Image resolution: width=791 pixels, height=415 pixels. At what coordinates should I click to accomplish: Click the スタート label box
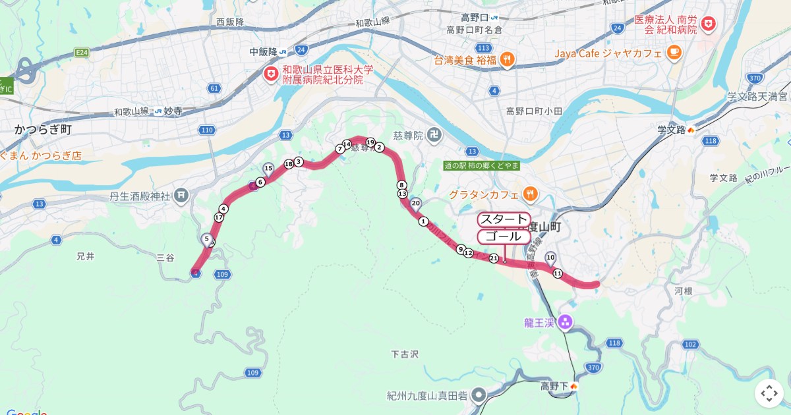(504, 219)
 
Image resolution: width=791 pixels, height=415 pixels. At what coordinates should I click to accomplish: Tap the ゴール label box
(504, 236)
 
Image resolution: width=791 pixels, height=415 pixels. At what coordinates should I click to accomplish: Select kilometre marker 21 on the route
(494, 258)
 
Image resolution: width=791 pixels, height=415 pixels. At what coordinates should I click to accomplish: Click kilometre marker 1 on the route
(423, 221)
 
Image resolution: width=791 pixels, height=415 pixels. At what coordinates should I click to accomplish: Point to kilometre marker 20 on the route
(415, 203)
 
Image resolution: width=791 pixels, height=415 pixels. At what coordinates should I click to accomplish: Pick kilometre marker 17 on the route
(220, 217)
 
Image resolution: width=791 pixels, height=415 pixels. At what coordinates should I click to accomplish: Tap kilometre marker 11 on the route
(558, 273)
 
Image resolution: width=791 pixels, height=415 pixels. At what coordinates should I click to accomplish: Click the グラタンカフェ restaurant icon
(530, 194)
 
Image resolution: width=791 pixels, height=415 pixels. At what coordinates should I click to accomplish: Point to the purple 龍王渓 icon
(565, 323)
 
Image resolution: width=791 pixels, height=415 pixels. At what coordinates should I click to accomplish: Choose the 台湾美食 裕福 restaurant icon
(507, 60)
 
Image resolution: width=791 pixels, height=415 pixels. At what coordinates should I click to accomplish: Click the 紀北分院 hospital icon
(270, 74)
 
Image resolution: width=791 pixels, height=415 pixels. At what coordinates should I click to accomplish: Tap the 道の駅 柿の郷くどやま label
(481, 166)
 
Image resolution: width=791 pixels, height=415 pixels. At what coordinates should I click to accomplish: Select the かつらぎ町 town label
(43, 130)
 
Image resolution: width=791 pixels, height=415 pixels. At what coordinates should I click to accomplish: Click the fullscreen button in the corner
(769, 393)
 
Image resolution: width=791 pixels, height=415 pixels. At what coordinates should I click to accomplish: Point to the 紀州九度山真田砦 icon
(479, 395)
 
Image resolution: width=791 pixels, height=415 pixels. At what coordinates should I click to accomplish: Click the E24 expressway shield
(82, 51)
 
